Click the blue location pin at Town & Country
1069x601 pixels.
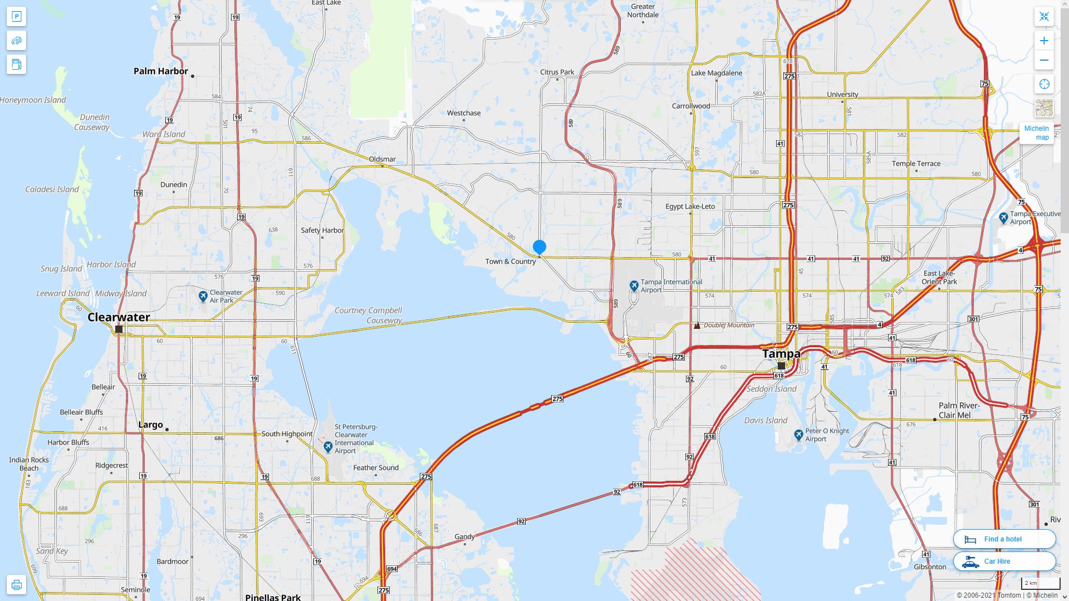point(539,247)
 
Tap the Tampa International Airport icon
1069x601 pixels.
point(634,285)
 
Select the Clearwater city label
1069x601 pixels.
point(119,317)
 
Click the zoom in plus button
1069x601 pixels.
point(1044,41)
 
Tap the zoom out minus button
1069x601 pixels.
point(1044,60)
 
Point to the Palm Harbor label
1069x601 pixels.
point(160,71)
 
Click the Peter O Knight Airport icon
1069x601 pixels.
point(798,435)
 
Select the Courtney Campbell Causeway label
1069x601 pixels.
point(368,315)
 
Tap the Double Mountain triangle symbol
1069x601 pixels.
point(697,326)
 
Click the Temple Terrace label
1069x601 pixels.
point(916,164)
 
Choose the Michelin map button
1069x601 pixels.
point(1036,133)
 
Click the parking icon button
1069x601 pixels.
point(16,17)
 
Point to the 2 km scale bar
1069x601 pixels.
point(1040,584)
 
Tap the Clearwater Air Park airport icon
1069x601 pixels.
point(203,296)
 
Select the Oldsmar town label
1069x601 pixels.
point(382,159)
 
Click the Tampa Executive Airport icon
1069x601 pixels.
point(1003,218)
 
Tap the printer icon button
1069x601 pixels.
point(16,584)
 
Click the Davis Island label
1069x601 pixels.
point(766,421)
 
